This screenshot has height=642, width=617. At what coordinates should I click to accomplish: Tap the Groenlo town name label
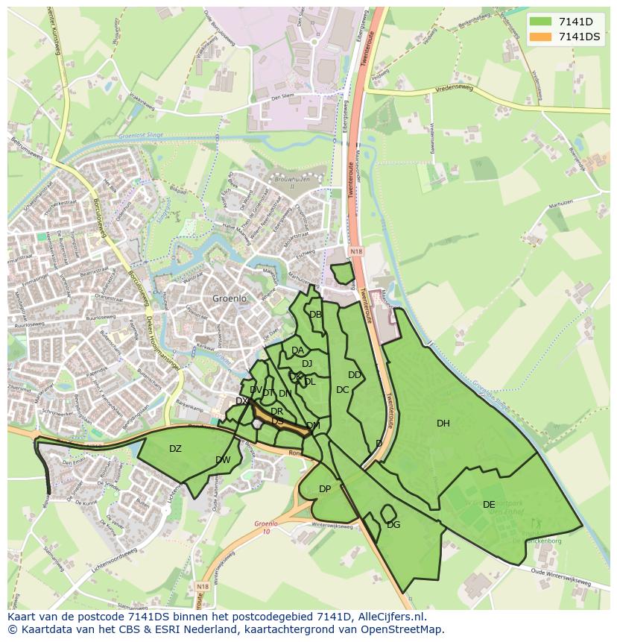229,298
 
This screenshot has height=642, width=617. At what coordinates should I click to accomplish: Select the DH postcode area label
443,424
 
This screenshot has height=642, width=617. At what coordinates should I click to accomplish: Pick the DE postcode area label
489,505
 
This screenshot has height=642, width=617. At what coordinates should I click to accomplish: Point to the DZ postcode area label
175,449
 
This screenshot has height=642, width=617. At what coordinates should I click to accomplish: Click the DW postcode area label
223,460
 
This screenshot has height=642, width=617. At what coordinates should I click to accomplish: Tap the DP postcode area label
325,489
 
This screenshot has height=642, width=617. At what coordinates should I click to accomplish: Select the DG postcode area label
393,525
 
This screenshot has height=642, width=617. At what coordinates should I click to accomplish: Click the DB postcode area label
315,315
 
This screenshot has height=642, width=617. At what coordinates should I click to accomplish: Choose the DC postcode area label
342,390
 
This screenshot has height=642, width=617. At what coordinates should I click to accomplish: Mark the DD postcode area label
355,375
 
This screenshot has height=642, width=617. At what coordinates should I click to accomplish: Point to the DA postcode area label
297,350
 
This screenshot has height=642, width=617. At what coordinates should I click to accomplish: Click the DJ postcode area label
307,364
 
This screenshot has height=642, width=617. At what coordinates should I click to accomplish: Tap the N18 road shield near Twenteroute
356,252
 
